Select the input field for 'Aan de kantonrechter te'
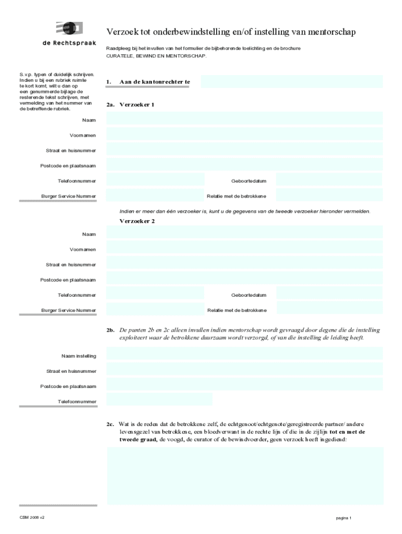291,82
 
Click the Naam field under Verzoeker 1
244,119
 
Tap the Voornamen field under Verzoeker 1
244,135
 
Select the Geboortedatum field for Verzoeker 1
329,180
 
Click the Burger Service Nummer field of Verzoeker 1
155,196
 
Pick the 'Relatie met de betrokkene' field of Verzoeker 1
329,196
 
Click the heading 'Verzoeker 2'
137,221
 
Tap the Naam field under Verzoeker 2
244,233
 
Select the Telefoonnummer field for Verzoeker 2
155,294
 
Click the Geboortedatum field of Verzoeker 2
329,294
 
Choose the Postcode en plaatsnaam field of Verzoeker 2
244,278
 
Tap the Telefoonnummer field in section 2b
159,400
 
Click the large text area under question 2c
244,475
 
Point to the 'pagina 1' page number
344,518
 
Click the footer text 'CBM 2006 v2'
32,517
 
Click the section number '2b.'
110,331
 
